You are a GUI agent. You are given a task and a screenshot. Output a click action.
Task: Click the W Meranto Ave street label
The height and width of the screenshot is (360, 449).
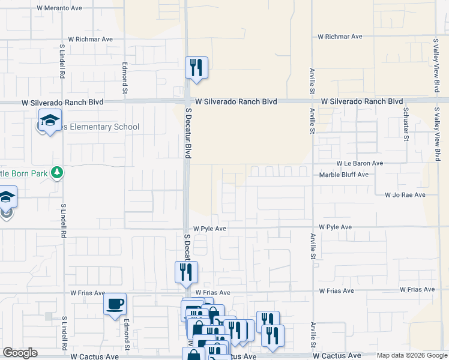click(58, 8)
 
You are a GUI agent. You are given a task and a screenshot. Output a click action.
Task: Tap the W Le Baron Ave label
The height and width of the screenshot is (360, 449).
click(360, 163)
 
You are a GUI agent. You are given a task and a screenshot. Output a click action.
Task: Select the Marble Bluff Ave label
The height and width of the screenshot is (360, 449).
click(343, 175)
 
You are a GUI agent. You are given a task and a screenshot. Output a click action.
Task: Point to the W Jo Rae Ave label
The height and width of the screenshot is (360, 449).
click(405, 195)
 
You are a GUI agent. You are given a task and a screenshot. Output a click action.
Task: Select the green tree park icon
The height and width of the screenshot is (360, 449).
click(57, 173)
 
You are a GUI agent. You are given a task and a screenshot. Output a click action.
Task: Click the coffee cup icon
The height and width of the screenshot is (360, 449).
click(115, 304)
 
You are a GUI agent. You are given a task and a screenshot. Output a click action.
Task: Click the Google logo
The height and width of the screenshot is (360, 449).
click(20, 353)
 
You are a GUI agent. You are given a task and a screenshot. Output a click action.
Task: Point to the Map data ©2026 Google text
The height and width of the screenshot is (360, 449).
click(411, 355)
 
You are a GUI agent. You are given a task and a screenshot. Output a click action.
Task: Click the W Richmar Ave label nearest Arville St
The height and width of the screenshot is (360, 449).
click(340, 37)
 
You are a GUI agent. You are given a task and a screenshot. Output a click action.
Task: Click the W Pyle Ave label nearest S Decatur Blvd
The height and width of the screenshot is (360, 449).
click(209, 229)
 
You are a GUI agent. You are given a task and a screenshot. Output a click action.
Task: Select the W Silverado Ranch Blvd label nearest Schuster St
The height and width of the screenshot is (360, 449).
click(361, 101)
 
